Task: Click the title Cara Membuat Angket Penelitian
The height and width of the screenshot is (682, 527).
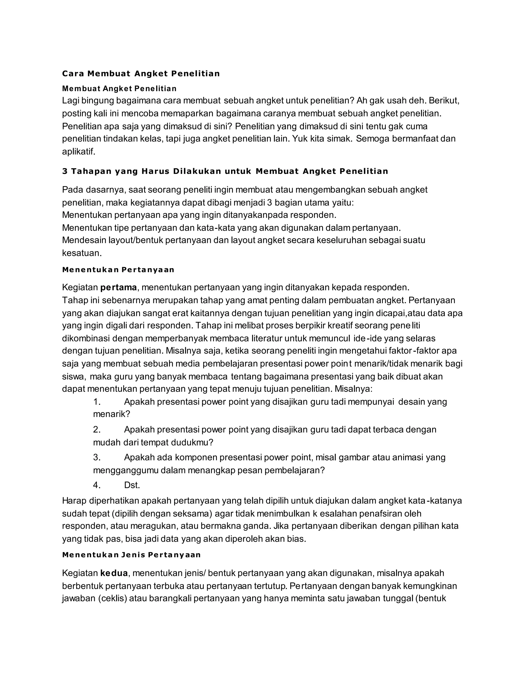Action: [x=141, y=74]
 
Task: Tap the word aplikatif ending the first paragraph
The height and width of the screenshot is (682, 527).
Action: [x=78, y=152]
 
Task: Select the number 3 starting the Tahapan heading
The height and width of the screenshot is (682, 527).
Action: [x=65, y=171]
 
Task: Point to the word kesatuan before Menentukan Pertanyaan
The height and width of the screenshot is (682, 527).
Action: [x=82, y=253]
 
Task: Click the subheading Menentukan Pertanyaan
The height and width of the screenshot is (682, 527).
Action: [x=118, y=270]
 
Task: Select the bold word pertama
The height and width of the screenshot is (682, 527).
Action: [x=119, y=287]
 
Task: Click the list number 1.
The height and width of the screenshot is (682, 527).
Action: [x=97, y=402]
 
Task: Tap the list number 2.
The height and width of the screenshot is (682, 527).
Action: [x=97, y=430]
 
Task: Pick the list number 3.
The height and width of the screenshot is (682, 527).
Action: [x=97, y=458]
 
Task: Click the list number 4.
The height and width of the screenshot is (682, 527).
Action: [x=97, y=485]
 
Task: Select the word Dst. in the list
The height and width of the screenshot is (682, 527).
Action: [x=132, y=485]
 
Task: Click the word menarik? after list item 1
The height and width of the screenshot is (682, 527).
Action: [x=111, y=414]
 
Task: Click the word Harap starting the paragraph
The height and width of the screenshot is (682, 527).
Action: [x=74, y=501]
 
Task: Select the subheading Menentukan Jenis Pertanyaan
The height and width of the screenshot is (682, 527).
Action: [x=131, y=555]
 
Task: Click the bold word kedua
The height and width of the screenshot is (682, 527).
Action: [x=114, y=573]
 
